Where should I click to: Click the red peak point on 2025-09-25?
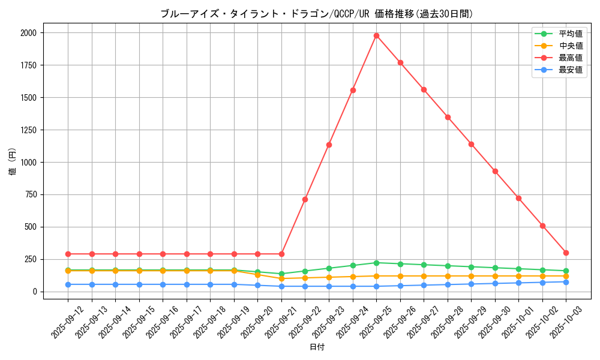pyautogui.click(x=376, y=35)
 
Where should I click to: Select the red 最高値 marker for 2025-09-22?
pyautogui.click(x=305, y=199)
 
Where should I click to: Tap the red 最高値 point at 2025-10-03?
pyautogui.click(x=566, y=253)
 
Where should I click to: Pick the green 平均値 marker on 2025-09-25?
pyautogui.click(x=376, y=263)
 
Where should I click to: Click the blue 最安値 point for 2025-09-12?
pyautogui.click(x=68, y=284)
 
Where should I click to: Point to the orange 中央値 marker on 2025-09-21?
pyautogui.click(x=281, y=278)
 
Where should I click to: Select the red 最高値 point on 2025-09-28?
pyautogui.click(x=448, y=117)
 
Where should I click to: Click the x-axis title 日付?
pyautogui.click(x=317, y=347)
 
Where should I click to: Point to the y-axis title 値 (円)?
pyautogui.click(x=13, y=162)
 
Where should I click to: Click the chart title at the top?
pyautogui.click(x=317, y=14)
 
